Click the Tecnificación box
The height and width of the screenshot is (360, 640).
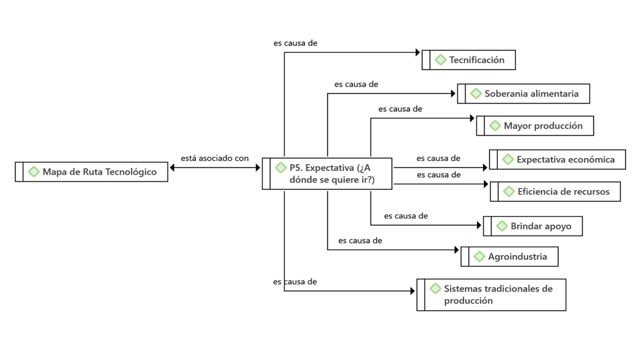tap(468, 60)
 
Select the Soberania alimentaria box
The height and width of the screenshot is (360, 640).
tap(523, 93)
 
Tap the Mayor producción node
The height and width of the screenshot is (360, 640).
tap(535, 126)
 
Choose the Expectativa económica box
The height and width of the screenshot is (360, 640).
tap(558, 159)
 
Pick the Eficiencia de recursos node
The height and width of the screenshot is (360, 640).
tap(556, 191)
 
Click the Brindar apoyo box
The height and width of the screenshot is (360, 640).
tap(533, 226)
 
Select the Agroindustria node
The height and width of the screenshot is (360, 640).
tap(510, 257)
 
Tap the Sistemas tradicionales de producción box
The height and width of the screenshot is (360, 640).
tap(492, 295)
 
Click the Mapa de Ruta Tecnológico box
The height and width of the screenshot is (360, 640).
tap(91, 172)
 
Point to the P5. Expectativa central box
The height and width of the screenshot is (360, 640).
tap(327, 174)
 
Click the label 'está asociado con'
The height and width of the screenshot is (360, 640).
tap(215, 158)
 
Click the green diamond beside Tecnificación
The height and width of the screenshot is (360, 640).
tap(440, 60)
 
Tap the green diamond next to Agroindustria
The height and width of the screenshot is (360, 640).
tap(479, 257)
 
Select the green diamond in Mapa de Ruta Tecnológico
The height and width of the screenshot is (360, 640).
tap(34, 172)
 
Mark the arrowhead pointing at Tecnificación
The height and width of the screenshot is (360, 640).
tap(418, 52)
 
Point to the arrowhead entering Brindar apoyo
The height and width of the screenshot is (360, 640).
tap(479, 225)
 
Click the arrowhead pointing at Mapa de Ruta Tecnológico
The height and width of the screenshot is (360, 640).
tap(172, 167)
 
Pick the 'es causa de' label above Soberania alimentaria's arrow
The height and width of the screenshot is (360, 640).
tap(357, 84)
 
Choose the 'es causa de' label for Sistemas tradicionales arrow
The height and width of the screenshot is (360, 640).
tap(295, 282)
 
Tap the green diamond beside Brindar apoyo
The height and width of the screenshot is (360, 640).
tap(502, 226)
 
